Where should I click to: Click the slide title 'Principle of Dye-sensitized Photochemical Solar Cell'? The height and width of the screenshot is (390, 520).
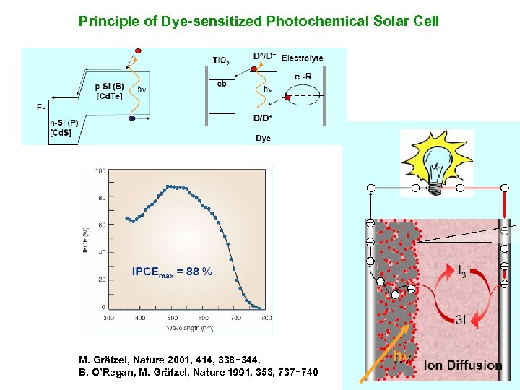(x=259, y=21)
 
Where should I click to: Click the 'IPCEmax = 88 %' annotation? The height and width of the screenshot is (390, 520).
(x=172, y=272)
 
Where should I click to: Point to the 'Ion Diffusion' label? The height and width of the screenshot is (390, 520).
(x=462, y=365)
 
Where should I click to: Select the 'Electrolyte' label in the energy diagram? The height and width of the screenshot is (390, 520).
(x=302, y=58)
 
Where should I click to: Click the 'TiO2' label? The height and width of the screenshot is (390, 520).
(x=221, y=61)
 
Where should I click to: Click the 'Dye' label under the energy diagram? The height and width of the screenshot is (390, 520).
(x=263, y=138)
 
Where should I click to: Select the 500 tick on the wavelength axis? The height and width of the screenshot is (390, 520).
(x=172, y=318)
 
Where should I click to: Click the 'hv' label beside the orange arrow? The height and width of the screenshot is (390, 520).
(x=402, y=356)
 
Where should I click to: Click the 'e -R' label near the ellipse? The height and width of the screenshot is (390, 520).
(x=303, y=77)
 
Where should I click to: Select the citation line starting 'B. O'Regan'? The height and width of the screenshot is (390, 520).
(x=198, y=371)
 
